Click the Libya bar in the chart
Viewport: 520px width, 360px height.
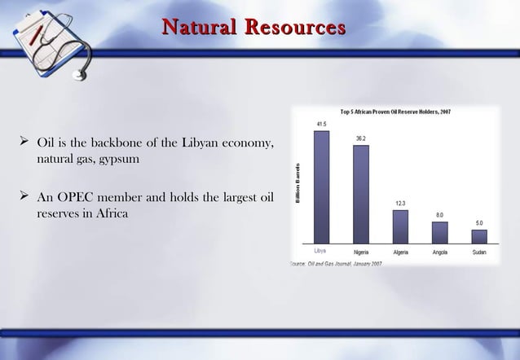321,187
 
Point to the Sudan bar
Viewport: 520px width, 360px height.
479,236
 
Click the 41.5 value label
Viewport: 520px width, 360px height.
321,124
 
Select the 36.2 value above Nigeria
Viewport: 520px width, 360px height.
360,138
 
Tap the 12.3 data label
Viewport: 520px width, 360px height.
400,203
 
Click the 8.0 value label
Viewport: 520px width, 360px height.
439,214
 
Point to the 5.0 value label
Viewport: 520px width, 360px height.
479,222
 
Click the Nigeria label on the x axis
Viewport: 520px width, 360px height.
360,252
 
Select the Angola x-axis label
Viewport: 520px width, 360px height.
439,252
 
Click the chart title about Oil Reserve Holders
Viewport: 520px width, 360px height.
395,112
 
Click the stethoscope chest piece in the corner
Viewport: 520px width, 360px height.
80,75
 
